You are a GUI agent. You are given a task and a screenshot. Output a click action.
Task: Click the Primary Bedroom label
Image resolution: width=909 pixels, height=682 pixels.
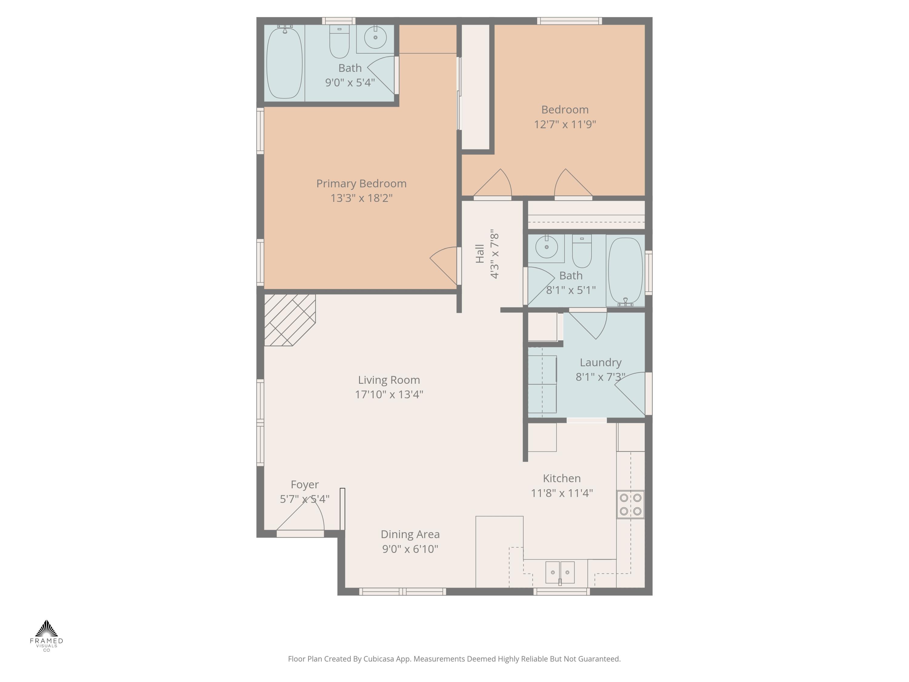tap(361, 184)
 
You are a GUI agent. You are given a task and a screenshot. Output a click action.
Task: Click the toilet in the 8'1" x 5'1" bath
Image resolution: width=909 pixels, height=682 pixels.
tap(581, 251)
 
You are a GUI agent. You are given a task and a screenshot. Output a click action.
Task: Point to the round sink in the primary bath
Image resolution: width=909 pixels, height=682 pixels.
tap(375, 37)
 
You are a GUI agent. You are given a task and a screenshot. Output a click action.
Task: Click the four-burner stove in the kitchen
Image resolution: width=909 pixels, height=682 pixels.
tap(630, 504)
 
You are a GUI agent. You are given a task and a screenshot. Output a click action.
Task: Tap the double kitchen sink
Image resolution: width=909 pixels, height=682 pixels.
tap(560, 572)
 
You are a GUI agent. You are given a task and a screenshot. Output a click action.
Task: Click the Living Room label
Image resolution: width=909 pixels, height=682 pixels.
tap(389, 380)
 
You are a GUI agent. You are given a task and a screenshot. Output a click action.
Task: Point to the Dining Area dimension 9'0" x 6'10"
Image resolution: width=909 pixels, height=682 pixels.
tap(410, 549)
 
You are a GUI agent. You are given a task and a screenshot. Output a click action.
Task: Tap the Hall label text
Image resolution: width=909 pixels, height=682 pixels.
tap(480, 254)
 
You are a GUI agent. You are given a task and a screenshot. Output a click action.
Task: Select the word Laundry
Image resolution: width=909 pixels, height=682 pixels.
tap(600, 363)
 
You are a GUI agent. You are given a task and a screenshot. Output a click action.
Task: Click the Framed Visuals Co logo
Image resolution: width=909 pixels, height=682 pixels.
tap(46, 635)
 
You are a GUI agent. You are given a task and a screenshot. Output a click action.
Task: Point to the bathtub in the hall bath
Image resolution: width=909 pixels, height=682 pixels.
tap(625, 270)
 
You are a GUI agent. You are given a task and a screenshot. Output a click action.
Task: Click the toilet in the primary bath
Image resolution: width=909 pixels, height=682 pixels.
tap(339, 42)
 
